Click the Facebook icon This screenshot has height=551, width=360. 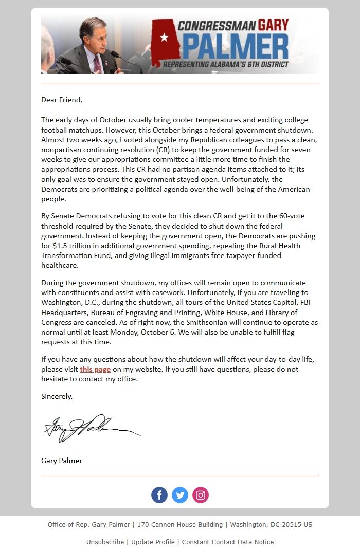pyautogui.click(x=159, y=495)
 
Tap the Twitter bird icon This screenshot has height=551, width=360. pyautogui.click(x=180, y=495)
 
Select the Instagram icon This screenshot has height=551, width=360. pyautogui.click(x=201, y=495)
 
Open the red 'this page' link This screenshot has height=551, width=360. pyautogui.click(x=95, y=369)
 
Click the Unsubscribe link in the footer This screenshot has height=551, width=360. pyautogui.click(x=105, y=542)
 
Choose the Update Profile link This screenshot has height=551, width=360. pyautogui.click(x=153, y=542)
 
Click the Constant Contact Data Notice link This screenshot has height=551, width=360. pyautogui.click(x=228, y=542)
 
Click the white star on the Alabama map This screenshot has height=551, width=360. pyautogui.click(x=164, y=38)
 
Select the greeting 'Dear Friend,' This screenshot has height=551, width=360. pyautogui.click(x=62, y=100)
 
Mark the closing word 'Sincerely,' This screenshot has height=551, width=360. pyautogui.click(x=57, y=396)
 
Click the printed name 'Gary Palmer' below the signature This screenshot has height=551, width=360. pyautogui.click(x=62, y=461)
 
